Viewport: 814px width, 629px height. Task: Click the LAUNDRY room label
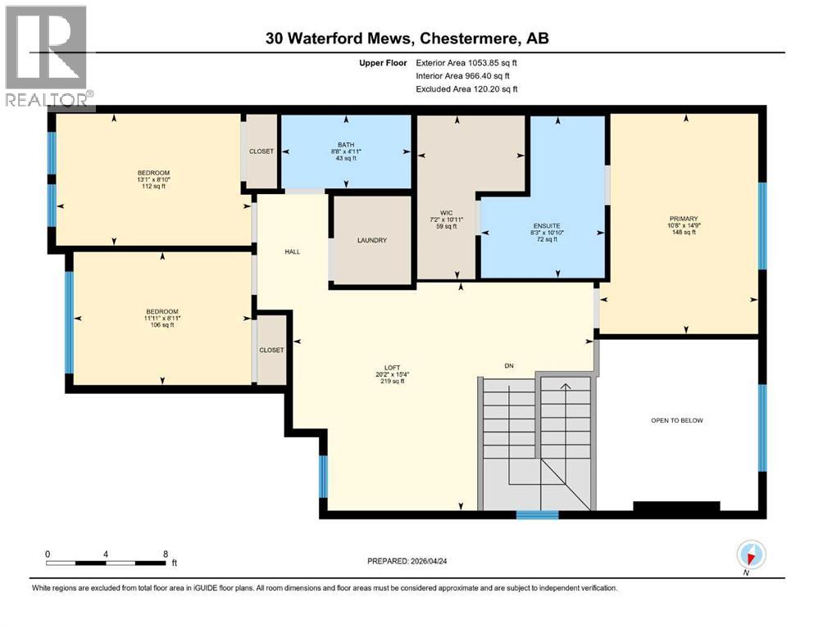[x=371, y=240]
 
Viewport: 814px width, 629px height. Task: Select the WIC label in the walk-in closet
[x=447, y=213]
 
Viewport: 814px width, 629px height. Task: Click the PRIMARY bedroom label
[x=682, y=219]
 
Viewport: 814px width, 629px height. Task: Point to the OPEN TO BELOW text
[x=676, y=420]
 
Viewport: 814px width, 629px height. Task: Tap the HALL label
[x=292, y=251]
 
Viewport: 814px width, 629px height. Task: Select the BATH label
[x=345, y=145]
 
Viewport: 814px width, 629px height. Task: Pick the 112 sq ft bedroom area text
[x=152, y=186]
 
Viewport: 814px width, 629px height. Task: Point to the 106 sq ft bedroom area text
[x=161, y=325]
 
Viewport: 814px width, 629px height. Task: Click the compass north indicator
[x=750, y=555]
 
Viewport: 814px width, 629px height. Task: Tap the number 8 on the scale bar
[x=166, y=554]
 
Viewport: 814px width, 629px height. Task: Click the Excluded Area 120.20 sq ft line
[x=466, y=88]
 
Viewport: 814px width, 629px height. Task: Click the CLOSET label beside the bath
[x=261, y=152]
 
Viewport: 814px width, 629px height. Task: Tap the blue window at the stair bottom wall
[x=537, y=515]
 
